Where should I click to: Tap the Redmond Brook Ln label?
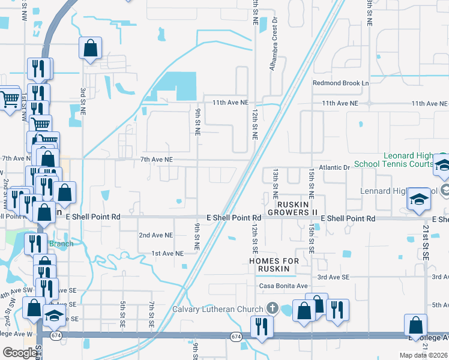pos(340,83)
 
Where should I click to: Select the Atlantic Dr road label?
pos(334,167)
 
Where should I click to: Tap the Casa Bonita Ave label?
pos(283,286)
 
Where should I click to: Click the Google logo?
pos(19,352)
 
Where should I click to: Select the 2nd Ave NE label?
pos(156,235)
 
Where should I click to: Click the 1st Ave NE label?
pos(167,254)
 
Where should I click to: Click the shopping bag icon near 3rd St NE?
pos(90,48)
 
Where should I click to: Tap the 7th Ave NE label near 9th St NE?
pos(156,159)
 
